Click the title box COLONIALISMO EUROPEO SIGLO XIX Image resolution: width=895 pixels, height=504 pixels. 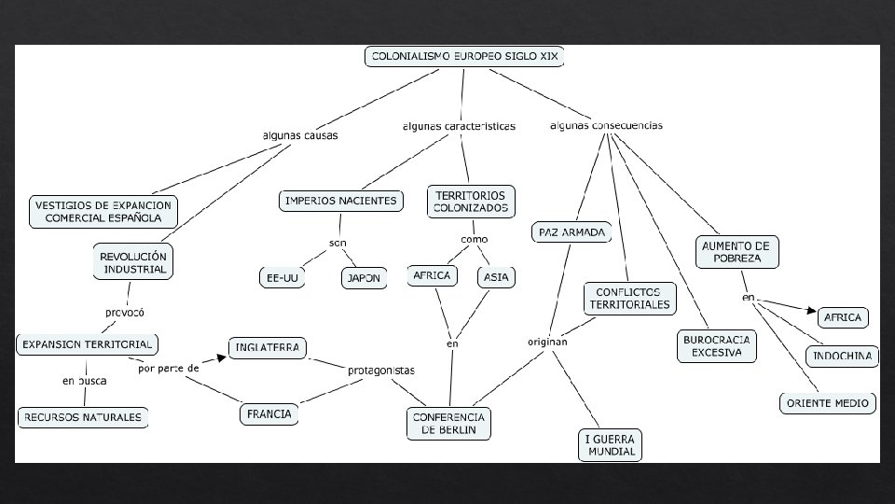464,57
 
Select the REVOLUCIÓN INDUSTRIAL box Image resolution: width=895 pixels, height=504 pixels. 134,262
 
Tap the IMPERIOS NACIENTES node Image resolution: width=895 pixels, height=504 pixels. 341,201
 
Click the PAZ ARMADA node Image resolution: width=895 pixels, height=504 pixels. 572,231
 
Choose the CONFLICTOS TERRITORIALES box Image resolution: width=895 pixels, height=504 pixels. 629,299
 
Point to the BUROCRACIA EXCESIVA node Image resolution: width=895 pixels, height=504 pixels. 716,346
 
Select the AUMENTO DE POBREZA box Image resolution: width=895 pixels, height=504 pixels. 737,251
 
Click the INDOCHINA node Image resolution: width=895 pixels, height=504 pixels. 843,357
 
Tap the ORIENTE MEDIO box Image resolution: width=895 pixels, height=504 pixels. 827,403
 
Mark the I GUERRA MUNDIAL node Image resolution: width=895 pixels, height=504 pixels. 611,444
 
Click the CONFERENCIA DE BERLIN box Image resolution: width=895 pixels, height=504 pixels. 448,423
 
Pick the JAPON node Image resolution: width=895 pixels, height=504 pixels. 364,278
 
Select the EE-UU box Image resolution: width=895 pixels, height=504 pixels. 282,277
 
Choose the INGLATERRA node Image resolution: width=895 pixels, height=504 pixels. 268,348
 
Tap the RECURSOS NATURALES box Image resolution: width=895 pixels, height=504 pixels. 84,417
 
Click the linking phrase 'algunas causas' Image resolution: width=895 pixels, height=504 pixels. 300,135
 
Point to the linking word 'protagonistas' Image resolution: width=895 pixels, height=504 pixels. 380,371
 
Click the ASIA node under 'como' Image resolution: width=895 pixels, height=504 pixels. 496,276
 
